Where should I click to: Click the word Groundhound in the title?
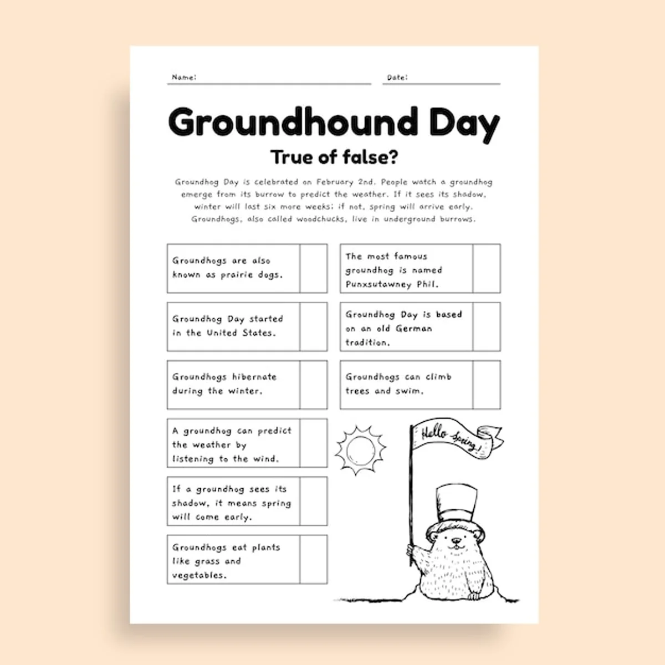(293, 122)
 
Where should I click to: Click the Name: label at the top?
(184, 77)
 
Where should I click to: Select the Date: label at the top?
(397, 77)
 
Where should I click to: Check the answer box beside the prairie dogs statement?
(313, 268)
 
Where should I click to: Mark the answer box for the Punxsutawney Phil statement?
(487, 268)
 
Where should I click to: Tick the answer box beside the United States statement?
(313, 326)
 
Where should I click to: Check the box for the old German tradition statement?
(487, 326)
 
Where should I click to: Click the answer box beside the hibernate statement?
(313, 385)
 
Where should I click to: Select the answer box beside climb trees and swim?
(487, 385)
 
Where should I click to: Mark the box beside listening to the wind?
(313, 443)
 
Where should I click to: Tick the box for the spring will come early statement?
(313, 502)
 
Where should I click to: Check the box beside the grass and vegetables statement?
(313, 559)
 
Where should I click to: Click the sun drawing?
(361, 450)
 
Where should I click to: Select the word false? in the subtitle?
(370, 157)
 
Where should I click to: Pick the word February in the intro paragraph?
(334, 182)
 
